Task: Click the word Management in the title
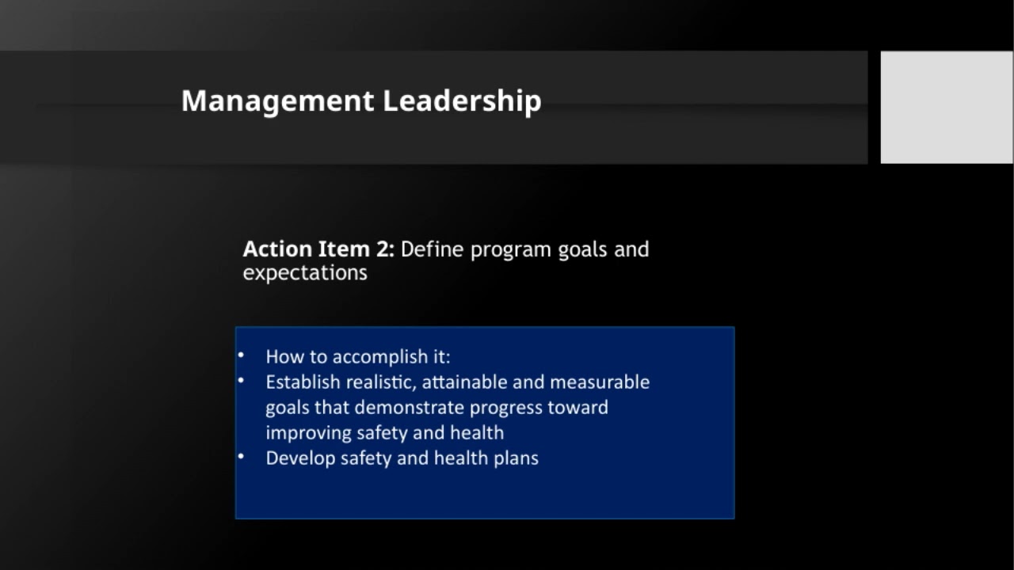[277, 101]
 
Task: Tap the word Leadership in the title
[462, 101]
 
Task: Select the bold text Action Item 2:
[318, 249]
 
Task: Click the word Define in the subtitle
[432, 249]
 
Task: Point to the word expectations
[305, 273]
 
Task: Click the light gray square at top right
[947, 107]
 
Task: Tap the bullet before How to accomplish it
[241, 355]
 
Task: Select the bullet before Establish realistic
[241, 380]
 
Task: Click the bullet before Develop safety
[241, 456]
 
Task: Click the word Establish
[303, 382]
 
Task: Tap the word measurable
[600, 382]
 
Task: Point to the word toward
[578, 408]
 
